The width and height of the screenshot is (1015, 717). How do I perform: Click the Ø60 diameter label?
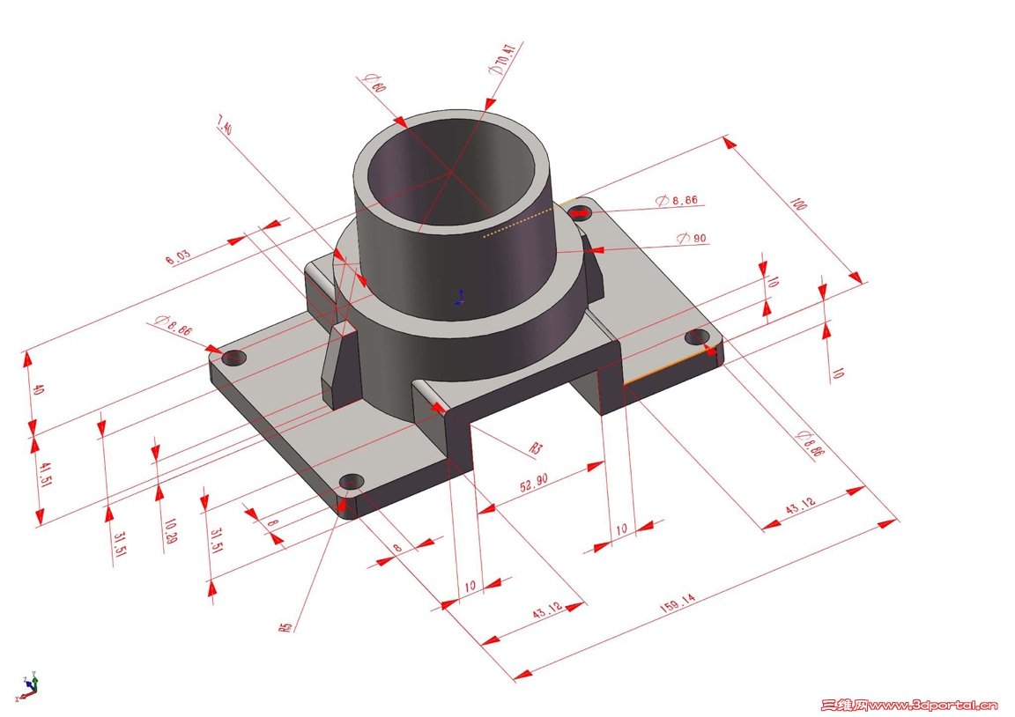[373, 85]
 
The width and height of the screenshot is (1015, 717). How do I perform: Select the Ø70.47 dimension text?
[504, 59]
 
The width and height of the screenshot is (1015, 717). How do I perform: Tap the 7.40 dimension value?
[225, 127]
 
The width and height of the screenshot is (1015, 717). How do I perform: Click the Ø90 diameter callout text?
[692, 239]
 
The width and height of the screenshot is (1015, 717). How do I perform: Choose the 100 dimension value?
[798, 205]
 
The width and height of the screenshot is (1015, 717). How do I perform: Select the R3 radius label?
[535, 448]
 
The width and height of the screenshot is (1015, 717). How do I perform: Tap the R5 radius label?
[285, 627]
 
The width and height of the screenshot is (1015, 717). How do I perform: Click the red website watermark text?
[909, 705]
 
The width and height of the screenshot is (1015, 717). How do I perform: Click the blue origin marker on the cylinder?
[459, 297]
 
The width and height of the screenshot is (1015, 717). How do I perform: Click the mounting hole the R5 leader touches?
[352, 482]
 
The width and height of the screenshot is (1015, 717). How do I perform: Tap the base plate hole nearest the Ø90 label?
[579, 212]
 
